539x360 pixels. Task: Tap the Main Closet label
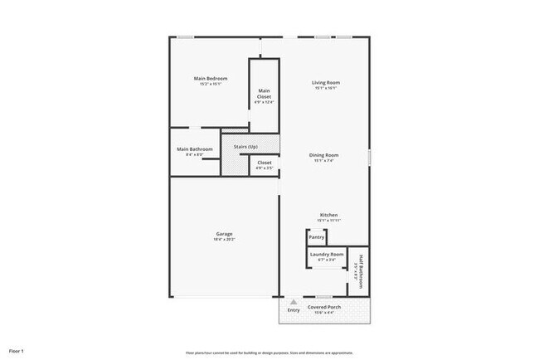(x=264, y=93)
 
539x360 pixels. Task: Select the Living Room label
(x=327, y=82)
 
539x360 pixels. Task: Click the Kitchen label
(x=328, y=215)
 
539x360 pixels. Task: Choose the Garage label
(x=224, y=233)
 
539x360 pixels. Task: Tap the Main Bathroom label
(x=195, y=149)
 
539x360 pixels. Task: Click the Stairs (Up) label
(x=245, y=146)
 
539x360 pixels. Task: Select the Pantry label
(x=316, y=236)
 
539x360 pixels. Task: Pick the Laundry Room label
(x=327, y=254)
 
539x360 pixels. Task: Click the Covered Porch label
(x=324, y=307)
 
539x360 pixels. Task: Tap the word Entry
(x=293, y=310)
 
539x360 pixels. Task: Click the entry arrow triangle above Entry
(x=293, y=301)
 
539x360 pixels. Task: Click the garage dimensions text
(x=224, y=239)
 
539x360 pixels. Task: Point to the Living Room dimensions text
(x=327, y=88)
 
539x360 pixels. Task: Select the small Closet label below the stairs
(x=264, y=163)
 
